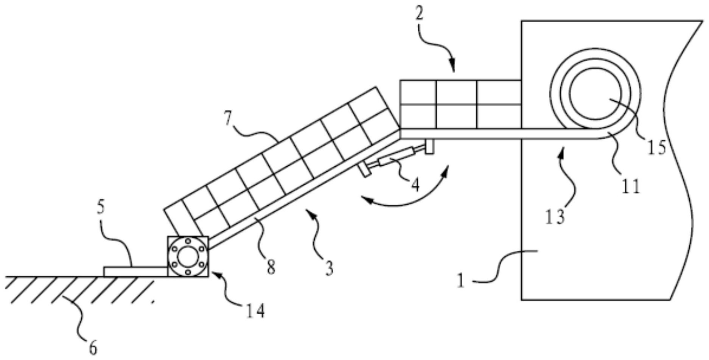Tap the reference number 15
pyautogui.click(x=657, y=146)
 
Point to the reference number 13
pyautogui.click(x=555, y=217)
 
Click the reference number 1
pyautogui.click(x=460, y=281)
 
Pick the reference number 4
pyautogui.click(x=415, y=185)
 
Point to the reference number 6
pyautogui.click(x=93, y=347)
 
